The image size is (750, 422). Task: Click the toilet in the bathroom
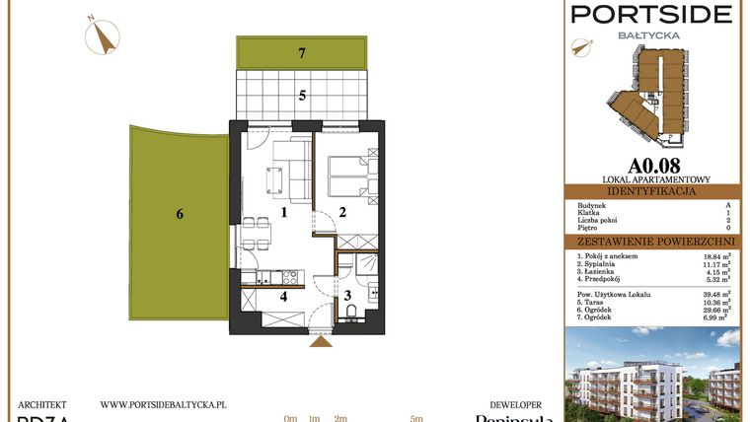(352, 314)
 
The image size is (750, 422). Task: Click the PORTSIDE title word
(652, 14)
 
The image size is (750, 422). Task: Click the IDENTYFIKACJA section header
(652, 191)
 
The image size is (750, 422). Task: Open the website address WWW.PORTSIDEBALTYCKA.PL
(164, 404)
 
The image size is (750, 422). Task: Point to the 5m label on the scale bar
(416, 418)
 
